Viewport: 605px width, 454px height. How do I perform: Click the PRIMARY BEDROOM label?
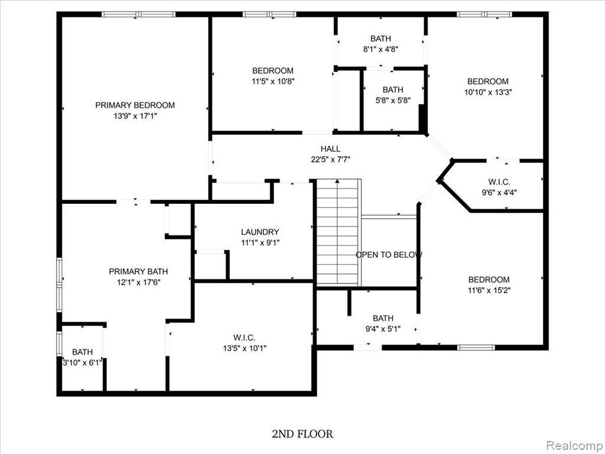tap(135, 105)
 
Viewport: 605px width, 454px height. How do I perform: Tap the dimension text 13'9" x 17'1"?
tap(135, 116)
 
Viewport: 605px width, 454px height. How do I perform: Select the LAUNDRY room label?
tap(260, 232)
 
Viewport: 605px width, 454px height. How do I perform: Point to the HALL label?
tap(331, 148)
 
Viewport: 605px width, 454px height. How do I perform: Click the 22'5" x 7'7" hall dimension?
tap(331, 160)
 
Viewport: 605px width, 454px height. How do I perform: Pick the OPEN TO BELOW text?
tap(389, 255)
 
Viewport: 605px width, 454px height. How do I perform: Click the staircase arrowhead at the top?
tap(337, 181)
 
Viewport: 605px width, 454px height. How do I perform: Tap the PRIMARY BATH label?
tap(138, 271)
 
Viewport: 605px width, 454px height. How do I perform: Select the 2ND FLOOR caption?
tap(302, 434)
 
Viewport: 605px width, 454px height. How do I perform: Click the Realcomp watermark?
tap(574, 446)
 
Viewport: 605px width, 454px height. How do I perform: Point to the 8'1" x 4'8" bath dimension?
tap(380, 49)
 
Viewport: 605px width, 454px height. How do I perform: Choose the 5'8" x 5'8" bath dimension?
tap(393, 100)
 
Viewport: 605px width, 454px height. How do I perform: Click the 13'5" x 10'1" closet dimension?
tap(245, 348)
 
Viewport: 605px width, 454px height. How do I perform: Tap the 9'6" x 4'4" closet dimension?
tap(499, 192)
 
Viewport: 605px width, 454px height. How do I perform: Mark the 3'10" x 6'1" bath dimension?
tap(83, 362)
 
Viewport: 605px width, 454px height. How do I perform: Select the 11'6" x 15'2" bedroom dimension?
tap(489, 290)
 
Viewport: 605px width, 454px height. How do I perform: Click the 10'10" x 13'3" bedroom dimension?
tap(488, 92)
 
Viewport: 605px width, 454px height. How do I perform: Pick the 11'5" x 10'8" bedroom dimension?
tap(273, 82)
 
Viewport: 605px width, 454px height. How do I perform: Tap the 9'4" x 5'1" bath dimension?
tap(383, 329)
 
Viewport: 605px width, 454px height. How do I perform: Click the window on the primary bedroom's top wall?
tap(138, 14)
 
